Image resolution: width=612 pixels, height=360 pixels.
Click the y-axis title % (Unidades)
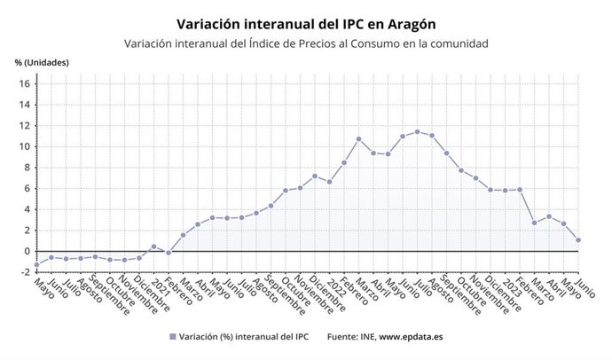(x=42, y=62)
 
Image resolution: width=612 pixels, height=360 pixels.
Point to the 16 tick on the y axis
(x=25, y=84)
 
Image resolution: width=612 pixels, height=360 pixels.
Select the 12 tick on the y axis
(x=25, y=126)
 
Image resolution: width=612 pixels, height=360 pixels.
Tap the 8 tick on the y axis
(x=27, y=168)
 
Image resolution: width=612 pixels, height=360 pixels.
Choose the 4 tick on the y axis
(x=27, y=209)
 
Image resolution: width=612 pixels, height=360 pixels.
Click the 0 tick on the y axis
(x=27, y=251)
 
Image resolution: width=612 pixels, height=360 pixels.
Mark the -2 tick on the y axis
(x=26, y=272)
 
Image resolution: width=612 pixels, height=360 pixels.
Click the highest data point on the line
(x=418, y=132)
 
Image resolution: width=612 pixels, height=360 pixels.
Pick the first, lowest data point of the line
(x=36, y=264)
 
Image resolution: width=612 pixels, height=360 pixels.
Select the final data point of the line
(x=578, y=239)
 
